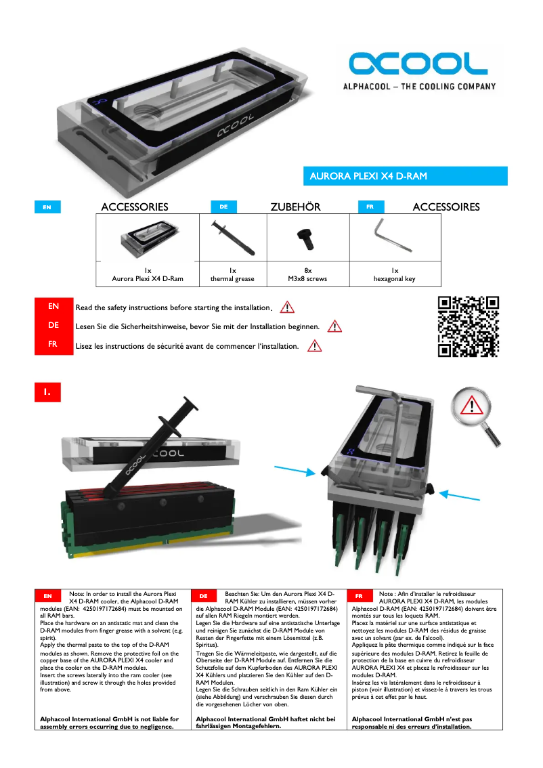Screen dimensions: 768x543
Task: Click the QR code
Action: tap(468, 326)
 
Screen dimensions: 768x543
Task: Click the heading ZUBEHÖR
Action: tap(295, 207)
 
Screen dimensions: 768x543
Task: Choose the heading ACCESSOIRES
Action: tap(446, 207)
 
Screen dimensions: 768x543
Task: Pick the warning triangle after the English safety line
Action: tap(287, 307)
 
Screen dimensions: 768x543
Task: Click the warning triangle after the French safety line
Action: tap(314, 346)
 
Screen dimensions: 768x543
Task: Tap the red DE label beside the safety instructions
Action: tap(53, 326)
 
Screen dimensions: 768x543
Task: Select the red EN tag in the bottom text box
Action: tap(47, 596)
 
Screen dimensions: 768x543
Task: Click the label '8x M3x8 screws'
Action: tap(307, 274)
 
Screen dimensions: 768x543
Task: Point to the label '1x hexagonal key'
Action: tap(394, 274)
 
